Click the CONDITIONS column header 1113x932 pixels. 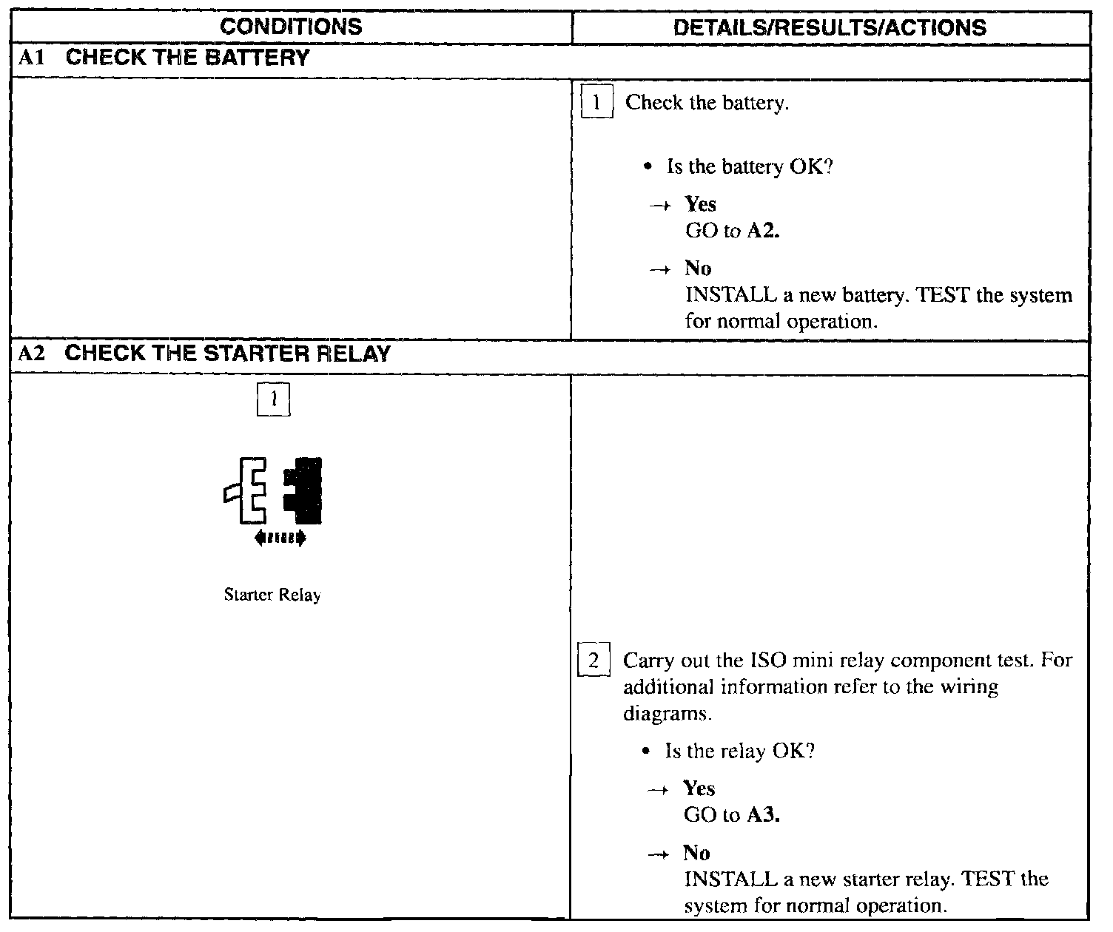pyautogui.click(x=291, y=27)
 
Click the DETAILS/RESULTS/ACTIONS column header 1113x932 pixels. pyautogui.click(x=830, y=27)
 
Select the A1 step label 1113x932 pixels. pyautogui.click(x=32, y=58)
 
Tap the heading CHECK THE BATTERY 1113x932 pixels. pyautogui.click(x=187, y=58)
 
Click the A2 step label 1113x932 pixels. pyautogui.click(x=33, y=354)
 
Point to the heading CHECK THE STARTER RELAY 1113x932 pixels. pyautogui.click(x=227, y=354)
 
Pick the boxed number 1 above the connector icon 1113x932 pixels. pyautogui.click(x=273, y=399)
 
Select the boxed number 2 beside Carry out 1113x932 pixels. pyautogui.click(x=594, y=661)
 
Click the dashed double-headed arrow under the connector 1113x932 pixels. pyautogui.click(x=280, y=538)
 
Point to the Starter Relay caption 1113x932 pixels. pyautogui.click(x=272, y=595)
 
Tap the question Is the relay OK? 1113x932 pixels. pyautogui.click(x=739, y=752)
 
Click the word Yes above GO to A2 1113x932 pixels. pyautogui.click(x=700, y=203)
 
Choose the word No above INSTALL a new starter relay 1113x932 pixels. pyautogui.click(x=696, y=853)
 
